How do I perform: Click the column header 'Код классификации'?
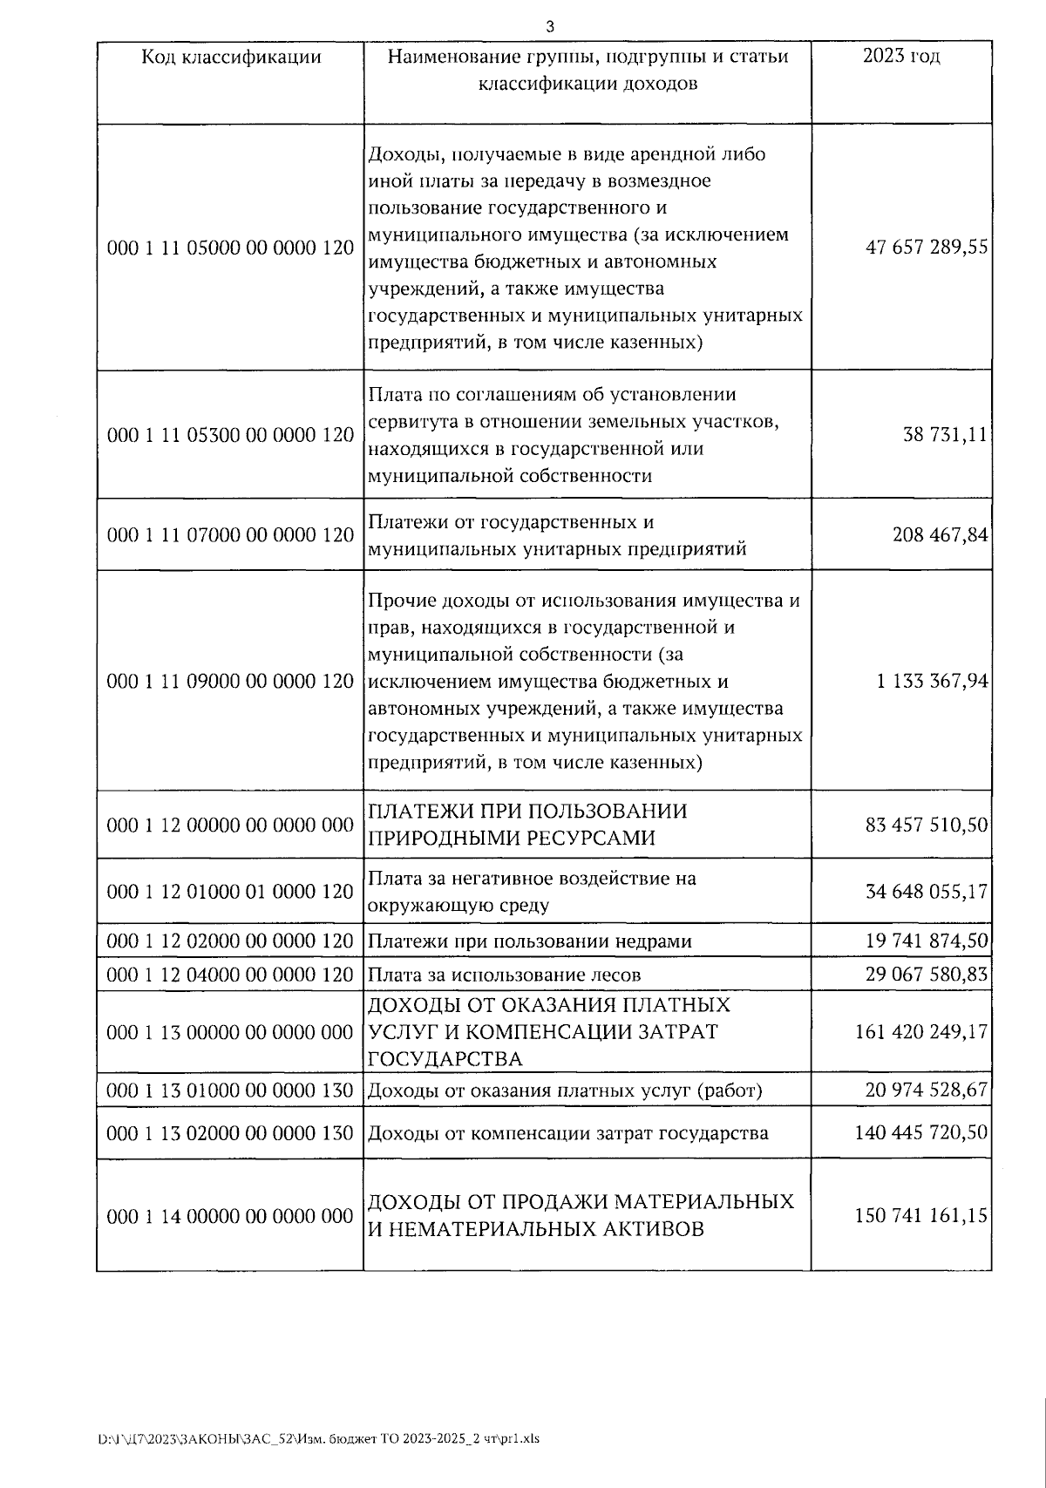pos(231,58)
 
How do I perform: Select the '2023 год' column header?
pos(900,57)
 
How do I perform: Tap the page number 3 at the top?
pos(549,26)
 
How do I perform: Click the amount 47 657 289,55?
pos(927,248)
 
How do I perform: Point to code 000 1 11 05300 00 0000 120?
pos(230,435)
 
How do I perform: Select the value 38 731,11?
pos(945,435)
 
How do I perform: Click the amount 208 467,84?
pos(940,535)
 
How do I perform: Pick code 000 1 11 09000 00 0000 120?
pos(230,681)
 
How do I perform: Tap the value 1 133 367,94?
pos(933,681)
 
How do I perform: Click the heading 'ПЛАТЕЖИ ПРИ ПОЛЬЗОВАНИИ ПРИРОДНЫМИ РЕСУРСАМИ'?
pos(527,825)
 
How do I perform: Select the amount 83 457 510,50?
pos(927,825)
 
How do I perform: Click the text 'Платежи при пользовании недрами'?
pos(529,941)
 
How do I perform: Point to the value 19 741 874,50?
pos(927,941)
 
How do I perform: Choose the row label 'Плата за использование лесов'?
pos(504,975)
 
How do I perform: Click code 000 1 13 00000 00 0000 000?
pos(230,1032)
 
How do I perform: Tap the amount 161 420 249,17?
pos(921,1032)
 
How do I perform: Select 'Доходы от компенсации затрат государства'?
pos(567,1133)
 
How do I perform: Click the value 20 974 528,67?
pos(927,1091)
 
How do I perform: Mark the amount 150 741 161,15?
pos(921,1216)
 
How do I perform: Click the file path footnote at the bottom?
pos(318,1439)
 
